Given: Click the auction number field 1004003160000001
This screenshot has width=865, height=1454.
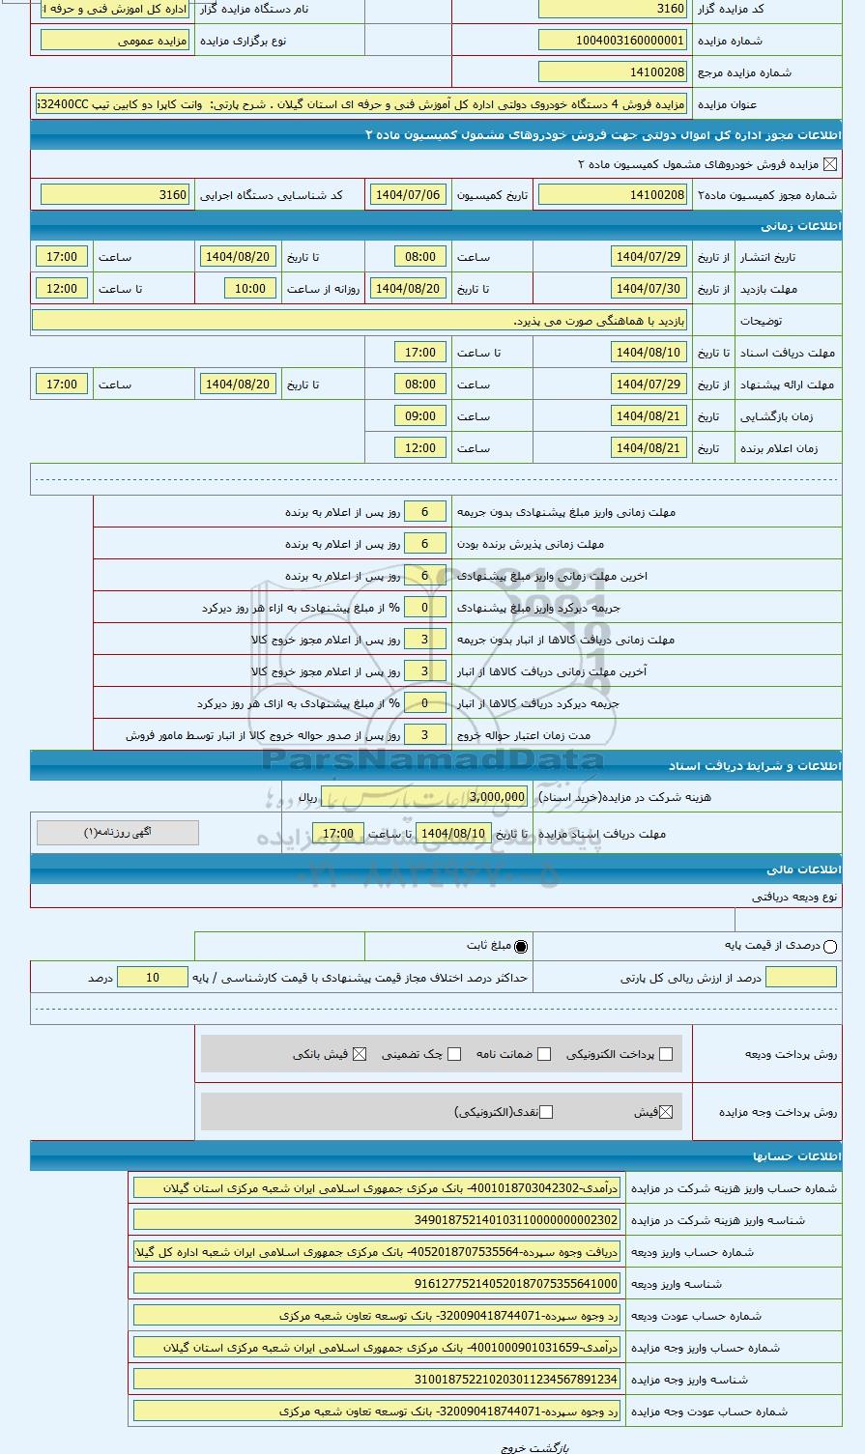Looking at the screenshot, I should coord(612,41).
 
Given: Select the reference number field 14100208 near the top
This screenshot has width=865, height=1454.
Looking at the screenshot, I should coord(612,72).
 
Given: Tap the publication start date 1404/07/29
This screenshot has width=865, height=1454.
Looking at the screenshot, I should coord(649,257).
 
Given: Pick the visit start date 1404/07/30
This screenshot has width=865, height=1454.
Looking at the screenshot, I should coord(649,289).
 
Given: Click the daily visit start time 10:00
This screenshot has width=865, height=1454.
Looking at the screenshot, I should coord(249,289).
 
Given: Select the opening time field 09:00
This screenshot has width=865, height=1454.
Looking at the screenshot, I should coord(419,416).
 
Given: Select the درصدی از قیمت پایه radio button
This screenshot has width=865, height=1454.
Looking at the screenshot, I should coord(830,947).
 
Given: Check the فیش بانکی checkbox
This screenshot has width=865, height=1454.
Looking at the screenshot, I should coord(360,1054).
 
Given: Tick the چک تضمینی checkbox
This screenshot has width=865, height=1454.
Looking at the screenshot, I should coord(454,1054).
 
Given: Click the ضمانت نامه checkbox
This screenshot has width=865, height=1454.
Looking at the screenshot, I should coord(544,1054).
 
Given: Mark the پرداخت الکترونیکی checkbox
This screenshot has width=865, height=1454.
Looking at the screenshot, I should coord(665,1054).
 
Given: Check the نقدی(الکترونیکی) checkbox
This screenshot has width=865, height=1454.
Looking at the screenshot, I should coord(546,1112).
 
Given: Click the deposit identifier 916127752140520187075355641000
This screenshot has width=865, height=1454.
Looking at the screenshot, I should coord(376,1284).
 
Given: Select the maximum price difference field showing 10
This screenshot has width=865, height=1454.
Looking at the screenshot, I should coord(153,978).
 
